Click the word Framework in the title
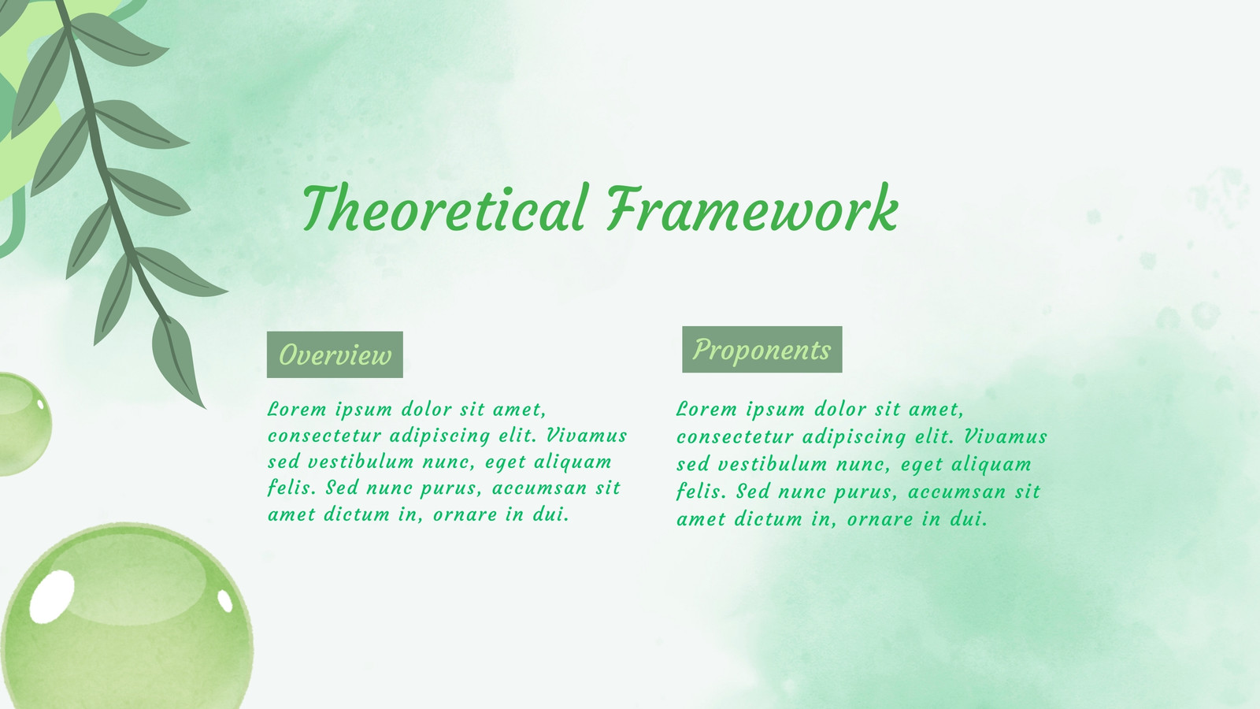753,208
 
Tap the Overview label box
335,354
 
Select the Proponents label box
762,350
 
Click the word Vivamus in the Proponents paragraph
1005,436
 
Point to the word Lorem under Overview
297,409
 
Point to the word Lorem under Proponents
706,409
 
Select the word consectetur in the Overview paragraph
324,436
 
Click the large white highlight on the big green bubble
52,596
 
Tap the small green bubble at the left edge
23,425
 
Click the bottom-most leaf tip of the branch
205,408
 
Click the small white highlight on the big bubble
225,601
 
